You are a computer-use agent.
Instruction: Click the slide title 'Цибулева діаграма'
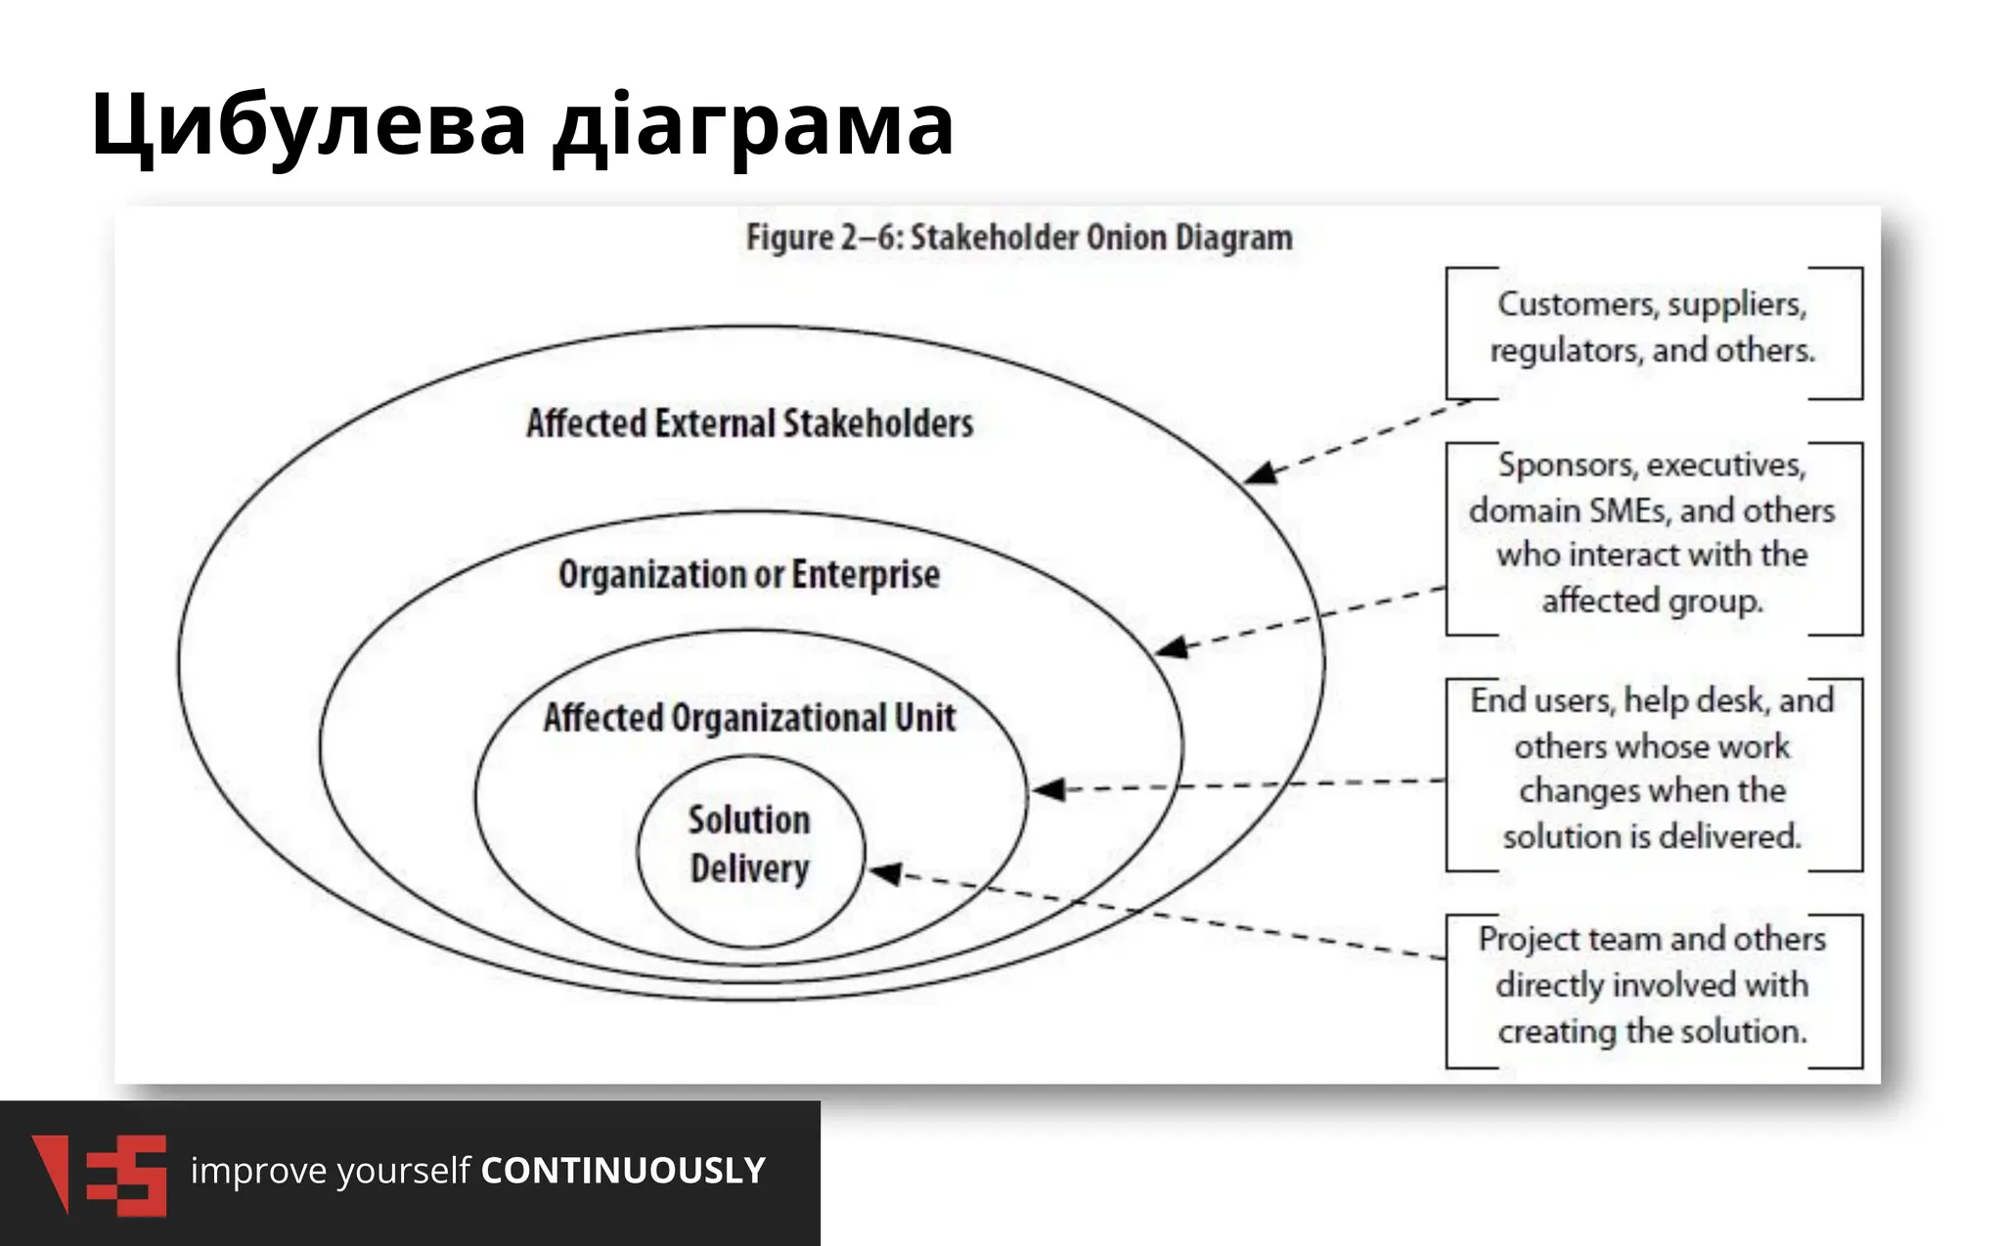click(521, 124)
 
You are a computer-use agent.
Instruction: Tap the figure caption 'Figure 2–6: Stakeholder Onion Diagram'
click(1018, 238)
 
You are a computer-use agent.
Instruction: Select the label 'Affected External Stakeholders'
click(749, 423)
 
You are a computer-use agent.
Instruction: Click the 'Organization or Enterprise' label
click(748, 574)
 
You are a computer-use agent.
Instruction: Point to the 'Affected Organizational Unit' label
click(749, 718)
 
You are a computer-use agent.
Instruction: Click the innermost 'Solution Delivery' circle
click(750, 845)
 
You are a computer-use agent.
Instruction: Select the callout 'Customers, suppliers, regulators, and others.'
click(1652, 328)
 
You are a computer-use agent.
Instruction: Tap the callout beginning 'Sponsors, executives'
click(1652, 533)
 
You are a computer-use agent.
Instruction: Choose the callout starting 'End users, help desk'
click(1652, 769)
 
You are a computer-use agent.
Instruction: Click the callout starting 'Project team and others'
click(1652, 986)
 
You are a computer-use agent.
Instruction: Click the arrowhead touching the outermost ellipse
click(1260, 474)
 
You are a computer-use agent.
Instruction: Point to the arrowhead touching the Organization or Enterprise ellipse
click(1171, 647)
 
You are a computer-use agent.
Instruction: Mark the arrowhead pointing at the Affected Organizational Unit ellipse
click(1048, 789)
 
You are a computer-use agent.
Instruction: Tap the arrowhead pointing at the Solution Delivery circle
click(885, 872)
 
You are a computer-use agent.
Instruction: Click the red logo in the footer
click(99, 1174)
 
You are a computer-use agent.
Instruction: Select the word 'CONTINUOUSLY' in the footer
click(623, 1171)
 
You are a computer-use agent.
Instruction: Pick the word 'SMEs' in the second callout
click(1630, 511)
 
